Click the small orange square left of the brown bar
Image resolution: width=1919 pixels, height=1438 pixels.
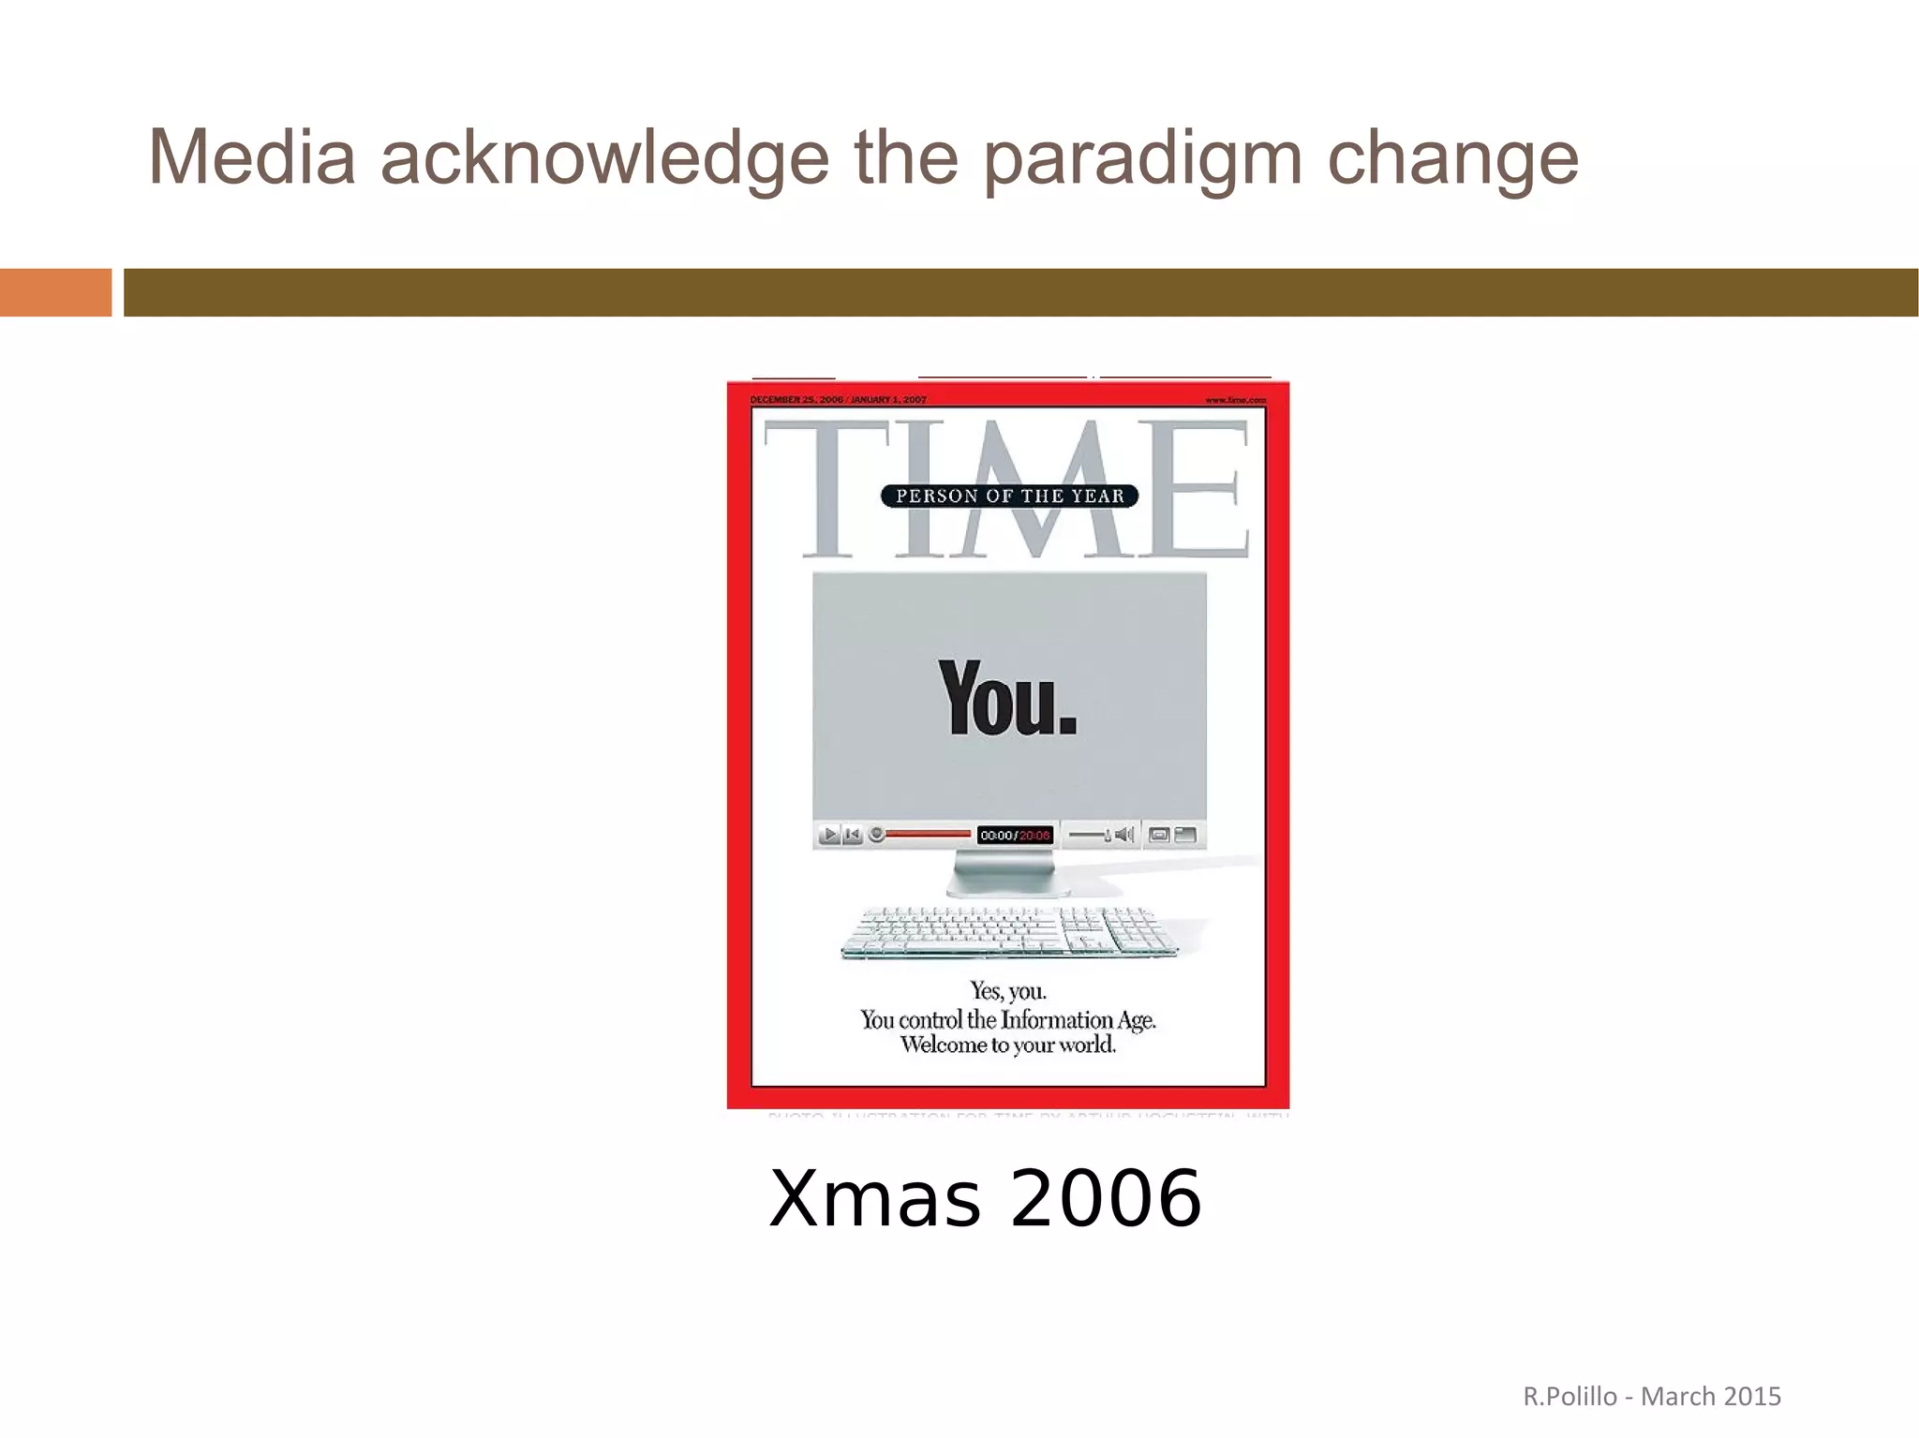55,292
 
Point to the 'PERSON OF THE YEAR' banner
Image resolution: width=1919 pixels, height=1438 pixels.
1009,496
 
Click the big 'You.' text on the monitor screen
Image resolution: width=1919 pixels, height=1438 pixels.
1007,699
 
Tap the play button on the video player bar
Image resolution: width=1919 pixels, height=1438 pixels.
829,835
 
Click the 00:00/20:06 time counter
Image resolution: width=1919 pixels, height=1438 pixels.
1015,836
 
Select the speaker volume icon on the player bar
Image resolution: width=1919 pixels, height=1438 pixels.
1124,835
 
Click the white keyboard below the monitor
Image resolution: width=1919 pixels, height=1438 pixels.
1008,932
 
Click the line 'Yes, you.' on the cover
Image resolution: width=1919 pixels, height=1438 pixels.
1008,991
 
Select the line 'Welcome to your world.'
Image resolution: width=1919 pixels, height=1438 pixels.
1008,1045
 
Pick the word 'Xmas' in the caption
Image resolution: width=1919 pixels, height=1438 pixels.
875,1200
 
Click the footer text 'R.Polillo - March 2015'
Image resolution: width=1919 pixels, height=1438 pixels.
1651,1397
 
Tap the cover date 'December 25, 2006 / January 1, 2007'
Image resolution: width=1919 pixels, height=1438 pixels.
839,400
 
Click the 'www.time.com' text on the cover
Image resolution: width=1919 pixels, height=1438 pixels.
1235,400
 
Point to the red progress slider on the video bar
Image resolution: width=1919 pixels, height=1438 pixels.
928,834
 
